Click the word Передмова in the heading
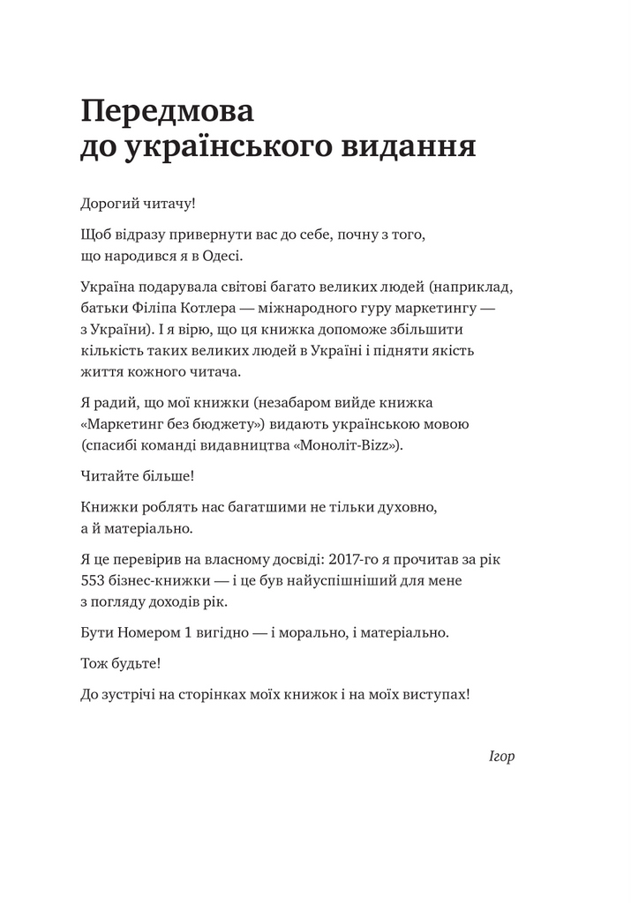point(167,112)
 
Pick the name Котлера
point(211,308)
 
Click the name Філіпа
point(154,308)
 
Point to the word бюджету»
point(237,424)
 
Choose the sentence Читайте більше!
point(137,476)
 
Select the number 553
point(94,582)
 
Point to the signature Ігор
point(500,757)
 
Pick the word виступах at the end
point(437,695)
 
